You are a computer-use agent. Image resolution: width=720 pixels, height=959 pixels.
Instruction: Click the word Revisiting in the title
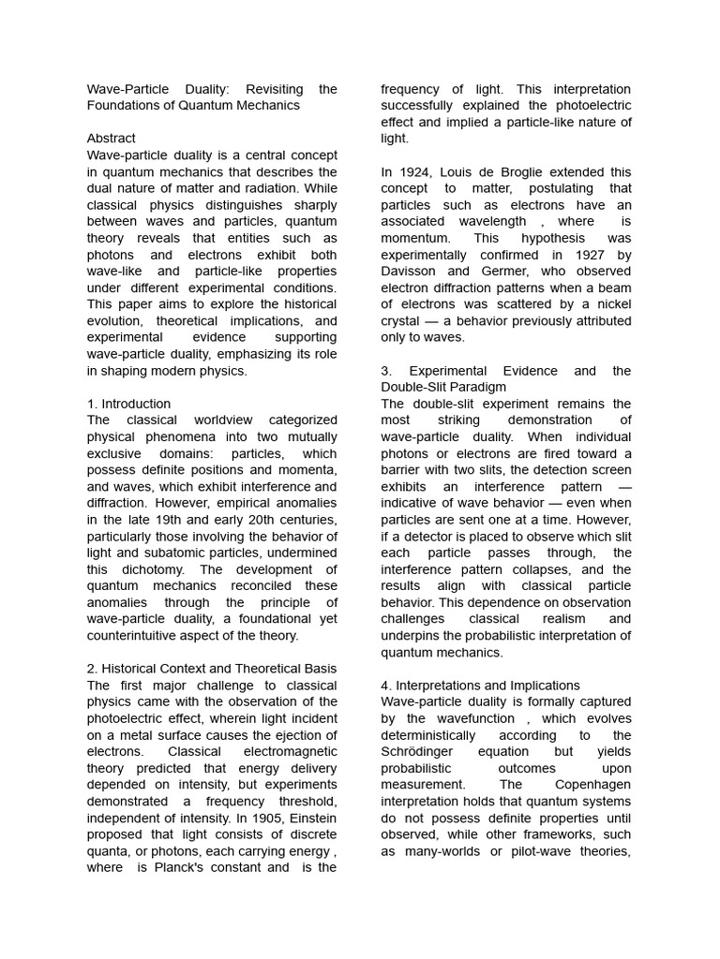coord(274,89)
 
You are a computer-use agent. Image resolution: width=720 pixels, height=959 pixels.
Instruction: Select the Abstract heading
coord(111,139)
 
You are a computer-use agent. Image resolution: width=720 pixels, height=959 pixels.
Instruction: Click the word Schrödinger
coord(422,752)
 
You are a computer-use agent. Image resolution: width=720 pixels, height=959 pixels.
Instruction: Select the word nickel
coord(611,304)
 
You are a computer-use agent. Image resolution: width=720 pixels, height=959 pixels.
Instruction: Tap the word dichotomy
coord(150,569)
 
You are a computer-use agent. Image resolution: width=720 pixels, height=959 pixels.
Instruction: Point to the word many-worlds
coord(446,851)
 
